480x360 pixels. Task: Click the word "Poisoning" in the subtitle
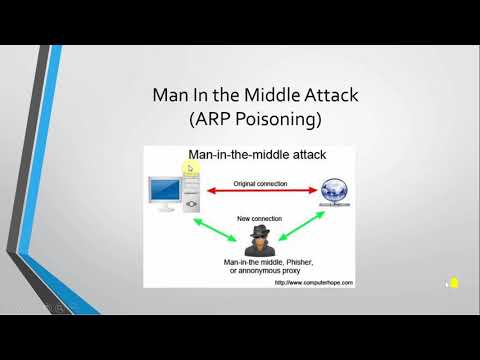click(274, 123)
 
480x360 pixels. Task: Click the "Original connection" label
click(260, 183)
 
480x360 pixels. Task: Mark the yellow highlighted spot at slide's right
click(452, 284)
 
